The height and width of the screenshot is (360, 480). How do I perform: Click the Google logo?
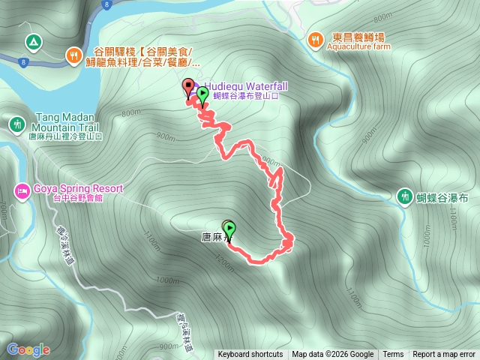[x=28, y=349]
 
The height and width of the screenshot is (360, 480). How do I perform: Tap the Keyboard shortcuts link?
[x=250, y=355]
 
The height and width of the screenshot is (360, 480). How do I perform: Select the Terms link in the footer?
[x=393, y=355]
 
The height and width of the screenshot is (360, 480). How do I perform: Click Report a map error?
[x=444, y=355]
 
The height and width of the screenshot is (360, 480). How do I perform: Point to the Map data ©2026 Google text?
[x=333, y=355]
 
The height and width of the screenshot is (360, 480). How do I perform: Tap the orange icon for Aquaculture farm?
[x=316, y=38]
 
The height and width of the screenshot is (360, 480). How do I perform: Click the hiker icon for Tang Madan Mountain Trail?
[x=16, y=123]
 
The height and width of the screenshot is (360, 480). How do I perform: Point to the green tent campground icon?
[x=33, y=42]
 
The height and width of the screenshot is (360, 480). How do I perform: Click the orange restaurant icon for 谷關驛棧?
[x=73, y=54]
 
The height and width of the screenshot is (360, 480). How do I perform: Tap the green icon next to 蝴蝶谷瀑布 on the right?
[x=405, y=196]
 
